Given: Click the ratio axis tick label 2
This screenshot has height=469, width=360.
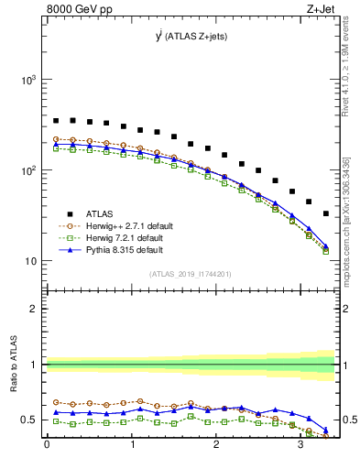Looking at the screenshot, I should click(x=35, y=309).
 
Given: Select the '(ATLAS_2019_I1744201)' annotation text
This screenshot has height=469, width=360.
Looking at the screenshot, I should click(x=191, y=272).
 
